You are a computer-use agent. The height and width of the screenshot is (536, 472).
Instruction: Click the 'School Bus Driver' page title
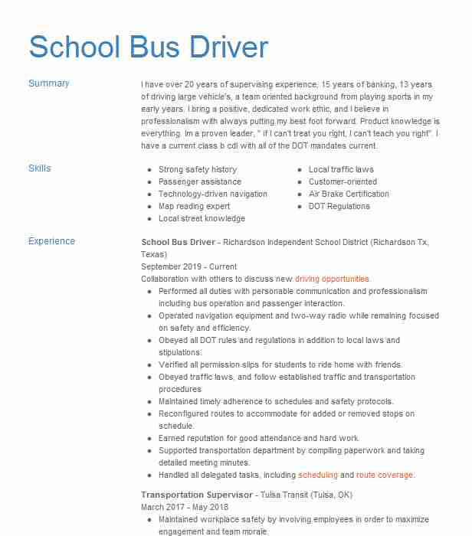149,47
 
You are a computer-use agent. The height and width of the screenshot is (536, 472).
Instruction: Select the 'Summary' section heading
49,83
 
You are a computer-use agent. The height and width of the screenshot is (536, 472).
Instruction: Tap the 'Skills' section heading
40,168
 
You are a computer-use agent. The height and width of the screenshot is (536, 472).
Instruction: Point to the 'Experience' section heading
51,241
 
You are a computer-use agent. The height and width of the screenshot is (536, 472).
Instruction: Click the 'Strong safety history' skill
198,169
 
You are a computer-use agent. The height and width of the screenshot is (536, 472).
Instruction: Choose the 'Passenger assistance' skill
200,181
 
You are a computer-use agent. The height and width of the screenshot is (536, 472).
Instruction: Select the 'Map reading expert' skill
195,206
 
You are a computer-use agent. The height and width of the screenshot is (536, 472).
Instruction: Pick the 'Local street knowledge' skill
202,218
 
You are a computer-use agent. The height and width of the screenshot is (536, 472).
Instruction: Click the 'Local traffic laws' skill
341,169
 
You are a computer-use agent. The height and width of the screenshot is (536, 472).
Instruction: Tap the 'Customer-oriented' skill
343,181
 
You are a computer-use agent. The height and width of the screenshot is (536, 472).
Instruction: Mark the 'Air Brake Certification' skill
349,194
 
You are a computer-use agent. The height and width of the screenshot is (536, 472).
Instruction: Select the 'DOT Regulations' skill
339,206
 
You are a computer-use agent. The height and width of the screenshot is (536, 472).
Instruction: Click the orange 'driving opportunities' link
333,279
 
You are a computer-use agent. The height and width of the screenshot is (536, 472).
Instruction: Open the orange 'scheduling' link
318,475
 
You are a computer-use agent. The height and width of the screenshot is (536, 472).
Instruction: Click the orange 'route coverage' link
385,475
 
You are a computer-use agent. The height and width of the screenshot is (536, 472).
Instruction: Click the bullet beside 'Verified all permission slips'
149,365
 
